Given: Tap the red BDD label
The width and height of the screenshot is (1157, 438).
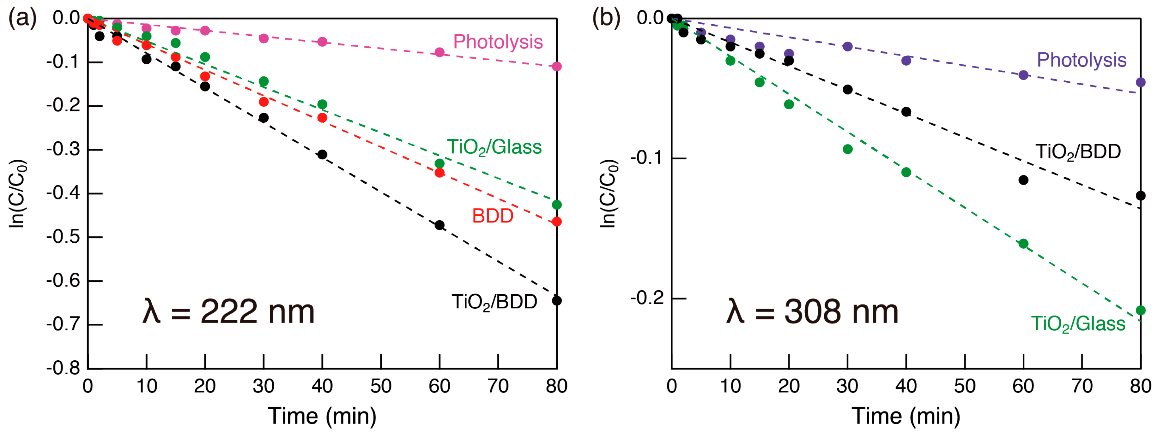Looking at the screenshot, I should [x=493, y=216].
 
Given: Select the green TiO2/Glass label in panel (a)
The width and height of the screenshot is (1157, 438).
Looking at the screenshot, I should [x=494, y=147].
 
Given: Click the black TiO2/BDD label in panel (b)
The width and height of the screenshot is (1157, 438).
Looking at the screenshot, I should [x=1078, y=152].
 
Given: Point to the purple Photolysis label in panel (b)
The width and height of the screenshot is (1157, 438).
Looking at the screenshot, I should [x=1081, y=60].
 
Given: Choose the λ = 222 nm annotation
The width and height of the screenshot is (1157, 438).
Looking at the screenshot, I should [x=228, y=311].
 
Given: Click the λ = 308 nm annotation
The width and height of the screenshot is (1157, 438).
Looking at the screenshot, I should [x=812, y=311].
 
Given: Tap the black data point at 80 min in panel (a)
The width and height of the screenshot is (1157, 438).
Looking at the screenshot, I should [x=556, y=300].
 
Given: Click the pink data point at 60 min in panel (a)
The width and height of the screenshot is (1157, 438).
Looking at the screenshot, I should [x=439, y=52].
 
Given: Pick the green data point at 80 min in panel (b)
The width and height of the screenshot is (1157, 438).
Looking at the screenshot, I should [x=1140, y=310].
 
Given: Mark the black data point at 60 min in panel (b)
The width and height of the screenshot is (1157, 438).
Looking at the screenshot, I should [x=1023, y=180].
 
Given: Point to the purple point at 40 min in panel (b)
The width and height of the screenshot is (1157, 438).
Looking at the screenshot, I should [x=906, y=60].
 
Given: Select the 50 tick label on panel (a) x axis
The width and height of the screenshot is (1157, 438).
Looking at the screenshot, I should [x=381, y=386].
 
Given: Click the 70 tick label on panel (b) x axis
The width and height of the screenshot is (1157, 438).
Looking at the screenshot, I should [x=1081, y=386].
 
